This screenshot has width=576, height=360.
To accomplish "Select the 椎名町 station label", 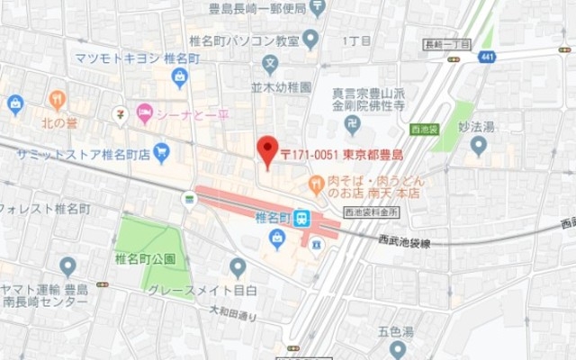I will tap(273, 218).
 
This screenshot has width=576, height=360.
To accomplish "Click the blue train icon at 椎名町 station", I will tap(302, 218).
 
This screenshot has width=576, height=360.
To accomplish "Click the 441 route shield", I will tap(487, 56).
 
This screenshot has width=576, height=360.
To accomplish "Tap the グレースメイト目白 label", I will tap(202, 290).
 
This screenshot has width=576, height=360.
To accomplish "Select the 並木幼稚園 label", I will tap(280, 88).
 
